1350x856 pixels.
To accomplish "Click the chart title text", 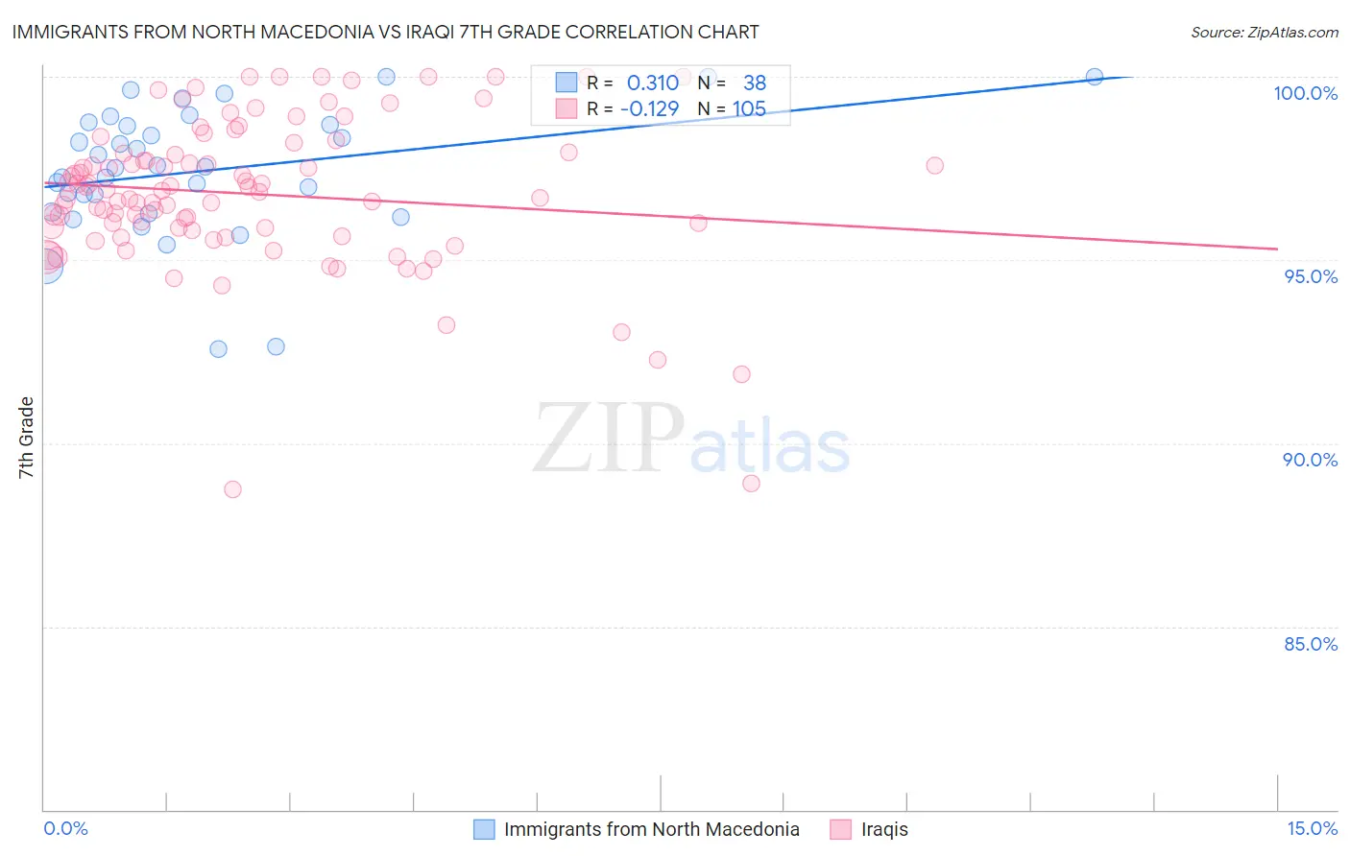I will [x=385, y=32].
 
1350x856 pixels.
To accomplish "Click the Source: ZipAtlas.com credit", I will [x=1264, y=32].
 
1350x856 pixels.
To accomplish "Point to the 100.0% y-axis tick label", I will [x=1305, y=93].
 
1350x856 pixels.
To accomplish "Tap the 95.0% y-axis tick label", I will [x=1311, y=276].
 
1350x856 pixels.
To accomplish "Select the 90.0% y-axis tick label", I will [x=1311, y=460].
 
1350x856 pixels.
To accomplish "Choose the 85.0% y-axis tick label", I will [x=1311, y=644].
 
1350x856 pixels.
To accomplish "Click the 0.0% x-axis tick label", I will [x=65, y=828].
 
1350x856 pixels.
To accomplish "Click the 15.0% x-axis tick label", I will [x=1312, y=828].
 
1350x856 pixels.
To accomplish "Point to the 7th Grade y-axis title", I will [x=26, y=438].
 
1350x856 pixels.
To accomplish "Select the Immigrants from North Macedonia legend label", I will [x=651, y=829].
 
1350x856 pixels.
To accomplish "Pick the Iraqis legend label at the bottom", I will [x=884, y=829].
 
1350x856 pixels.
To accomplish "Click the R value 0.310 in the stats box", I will [x=652, y=83].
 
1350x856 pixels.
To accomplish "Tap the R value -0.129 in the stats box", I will [x=649, y=108].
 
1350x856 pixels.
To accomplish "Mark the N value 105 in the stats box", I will [x=749, y=108].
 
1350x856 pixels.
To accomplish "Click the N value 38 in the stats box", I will [x=755, y=83].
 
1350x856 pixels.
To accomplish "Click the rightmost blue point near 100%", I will [x=1094, y=77].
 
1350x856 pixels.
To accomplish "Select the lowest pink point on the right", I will [x=751, y=483].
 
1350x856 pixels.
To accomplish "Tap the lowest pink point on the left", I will [x=232, y=489].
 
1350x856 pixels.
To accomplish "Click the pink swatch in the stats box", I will [x=567, y=108].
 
